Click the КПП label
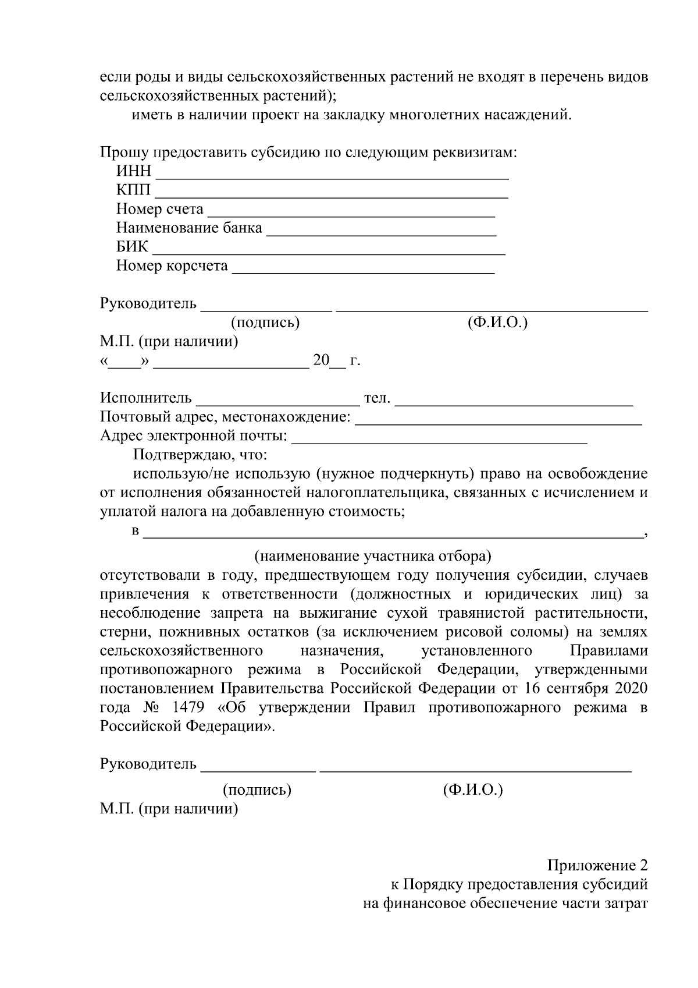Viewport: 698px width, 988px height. point(133,190)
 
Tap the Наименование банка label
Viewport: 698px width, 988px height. point(189,228)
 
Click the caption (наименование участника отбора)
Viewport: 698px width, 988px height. point(373,557)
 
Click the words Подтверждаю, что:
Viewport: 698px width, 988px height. point(200,454)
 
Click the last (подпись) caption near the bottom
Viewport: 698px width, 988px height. point(257,790)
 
